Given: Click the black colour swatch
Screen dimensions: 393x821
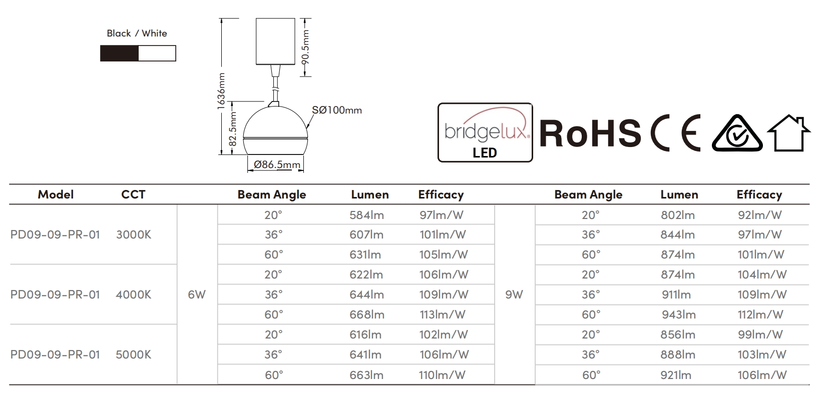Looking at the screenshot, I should tap(119, 53).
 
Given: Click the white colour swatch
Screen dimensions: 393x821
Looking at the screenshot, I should tap(157, 53).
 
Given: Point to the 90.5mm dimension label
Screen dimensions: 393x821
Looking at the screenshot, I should tap(306, 47).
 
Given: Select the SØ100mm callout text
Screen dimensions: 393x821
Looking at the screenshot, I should tap(336, 110).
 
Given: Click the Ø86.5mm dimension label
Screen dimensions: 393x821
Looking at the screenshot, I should tap(277, 164).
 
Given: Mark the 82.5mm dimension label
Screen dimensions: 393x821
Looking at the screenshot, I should tap(233, 129).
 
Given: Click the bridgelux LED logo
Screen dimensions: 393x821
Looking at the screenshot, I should tap(485, 132).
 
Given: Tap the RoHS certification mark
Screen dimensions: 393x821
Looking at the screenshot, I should tap(590, 133).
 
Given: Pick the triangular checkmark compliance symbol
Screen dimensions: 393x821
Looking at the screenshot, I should tap(737, 133).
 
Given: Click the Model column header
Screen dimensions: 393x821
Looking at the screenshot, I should tap(56, 194).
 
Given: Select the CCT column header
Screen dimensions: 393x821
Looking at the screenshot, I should tap(133, 194).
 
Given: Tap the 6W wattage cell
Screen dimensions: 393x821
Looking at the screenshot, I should tap(197, 294).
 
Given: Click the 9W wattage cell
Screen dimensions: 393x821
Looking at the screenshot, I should tap(514, 294).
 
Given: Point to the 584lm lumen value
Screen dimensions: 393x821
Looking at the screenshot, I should tap(366, 215).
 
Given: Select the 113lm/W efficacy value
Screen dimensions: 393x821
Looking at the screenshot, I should tap(443, 314).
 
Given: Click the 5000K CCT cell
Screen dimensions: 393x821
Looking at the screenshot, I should tap(133, 354).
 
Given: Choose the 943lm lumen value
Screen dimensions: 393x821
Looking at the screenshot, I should tap(678, 314).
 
